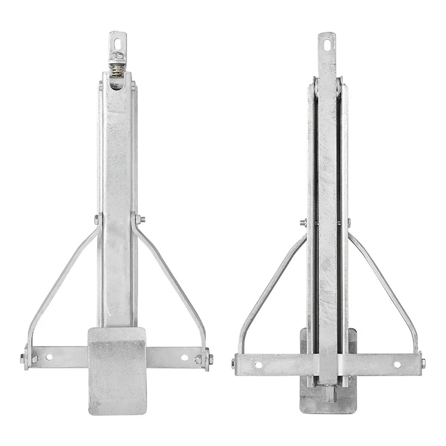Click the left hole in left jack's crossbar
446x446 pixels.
click(49, 357)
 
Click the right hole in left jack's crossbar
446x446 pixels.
click(184, 357)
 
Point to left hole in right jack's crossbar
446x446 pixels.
click(258, 364)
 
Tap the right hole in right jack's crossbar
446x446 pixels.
click(396, 364)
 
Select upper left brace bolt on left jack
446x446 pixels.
click(96, 219)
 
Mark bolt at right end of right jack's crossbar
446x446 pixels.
click(422, 362)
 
